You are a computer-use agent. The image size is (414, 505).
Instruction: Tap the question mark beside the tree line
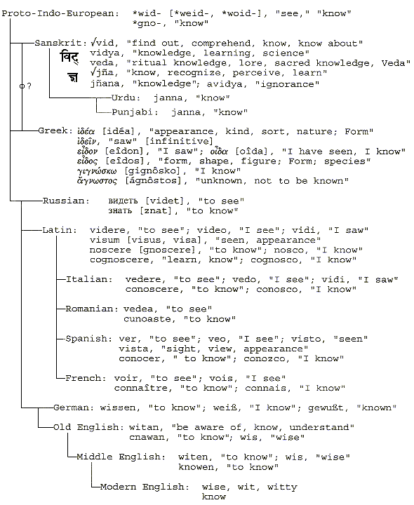click(29, 86)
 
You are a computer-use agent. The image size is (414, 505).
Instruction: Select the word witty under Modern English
click(282, 487)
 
